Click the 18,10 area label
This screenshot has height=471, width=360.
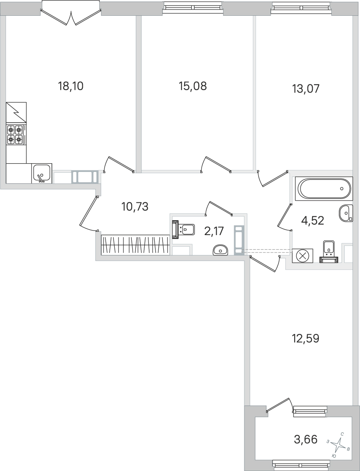[71, 86]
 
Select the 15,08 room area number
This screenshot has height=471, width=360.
[193, 86]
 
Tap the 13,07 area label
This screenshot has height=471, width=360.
[306, 88]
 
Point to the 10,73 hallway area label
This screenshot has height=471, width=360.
[135, 207]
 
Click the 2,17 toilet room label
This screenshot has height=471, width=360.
[214, 231]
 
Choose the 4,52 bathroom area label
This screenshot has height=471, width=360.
[313, 221]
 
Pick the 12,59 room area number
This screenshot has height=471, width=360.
[306, 339]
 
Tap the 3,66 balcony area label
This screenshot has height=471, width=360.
[306, 439]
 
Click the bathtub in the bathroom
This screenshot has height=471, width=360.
[324, 189]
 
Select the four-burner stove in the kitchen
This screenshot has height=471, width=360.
[16, 134]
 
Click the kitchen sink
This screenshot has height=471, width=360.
[42, 173]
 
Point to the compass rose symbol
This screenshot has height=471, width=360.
[339, 444]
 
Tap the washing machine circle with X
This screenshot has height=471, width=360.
[303, 256]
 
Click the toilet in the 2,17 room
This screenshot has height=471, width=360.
[183, 230]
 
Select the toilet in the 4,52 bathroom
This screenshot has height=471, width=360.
[329, 251]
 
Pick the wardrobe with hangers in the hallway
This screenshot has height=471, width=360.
[136, 245]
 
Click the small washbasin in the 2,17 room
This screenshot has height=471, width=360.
[220, 250]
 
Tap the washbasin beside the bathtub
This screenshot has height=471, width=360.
[345, 213]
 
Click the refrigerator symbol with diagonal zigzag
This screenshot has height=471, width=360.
[16, 113]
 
